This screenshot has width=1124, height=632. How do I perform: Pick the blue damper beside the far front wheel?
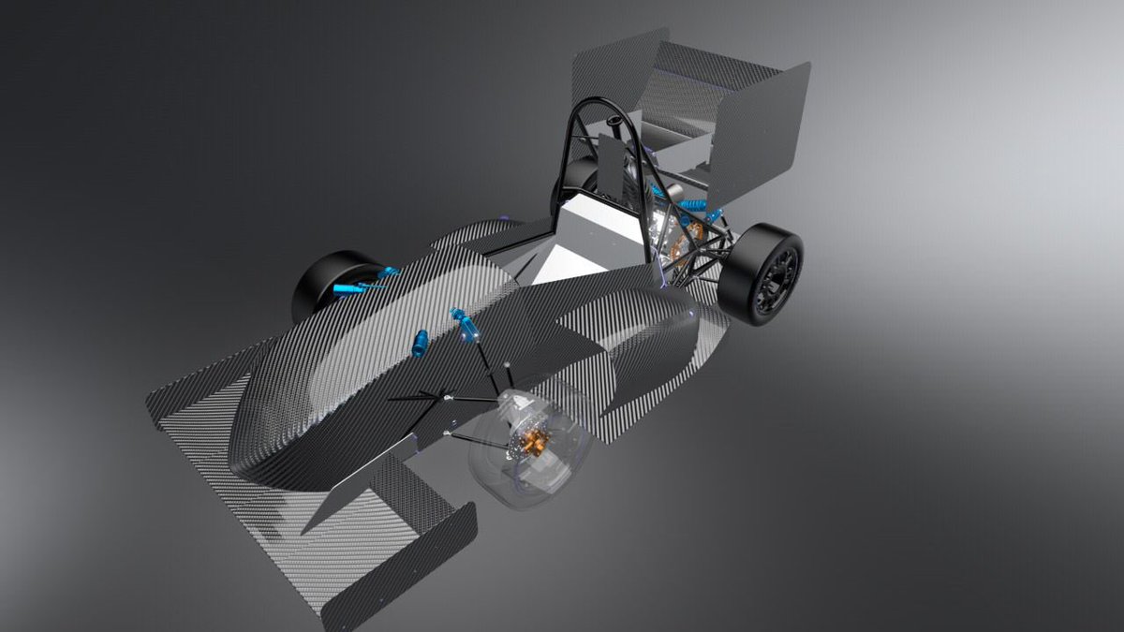361,282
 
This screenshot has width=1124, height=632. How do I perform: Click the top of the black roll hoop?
599,103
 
